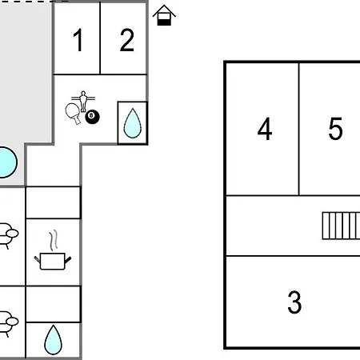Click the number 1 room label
coord(78,40)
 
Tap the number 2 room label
coord(127,40)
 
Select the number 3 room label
coord(294,302)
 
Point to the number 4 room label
coord(265,129)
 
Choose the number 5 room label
coord(335,129)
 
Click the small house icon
coord(164,15)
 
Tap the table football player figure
coord(83,101)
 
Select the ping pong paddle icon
coord(73,114)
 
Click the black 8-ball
coord(92,117)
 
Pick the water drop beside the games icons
coord(132,123)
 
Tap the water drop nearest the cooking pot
coord(53,340)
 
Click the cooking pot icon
coord(53,261)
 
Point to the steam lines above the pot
coord(54,240)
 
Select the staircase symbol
coord(341,226)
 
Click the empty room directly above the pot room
coord(53,202)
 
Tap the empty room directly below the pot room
coord(53,304)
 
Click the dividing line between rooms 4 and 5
coord(299,130)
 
